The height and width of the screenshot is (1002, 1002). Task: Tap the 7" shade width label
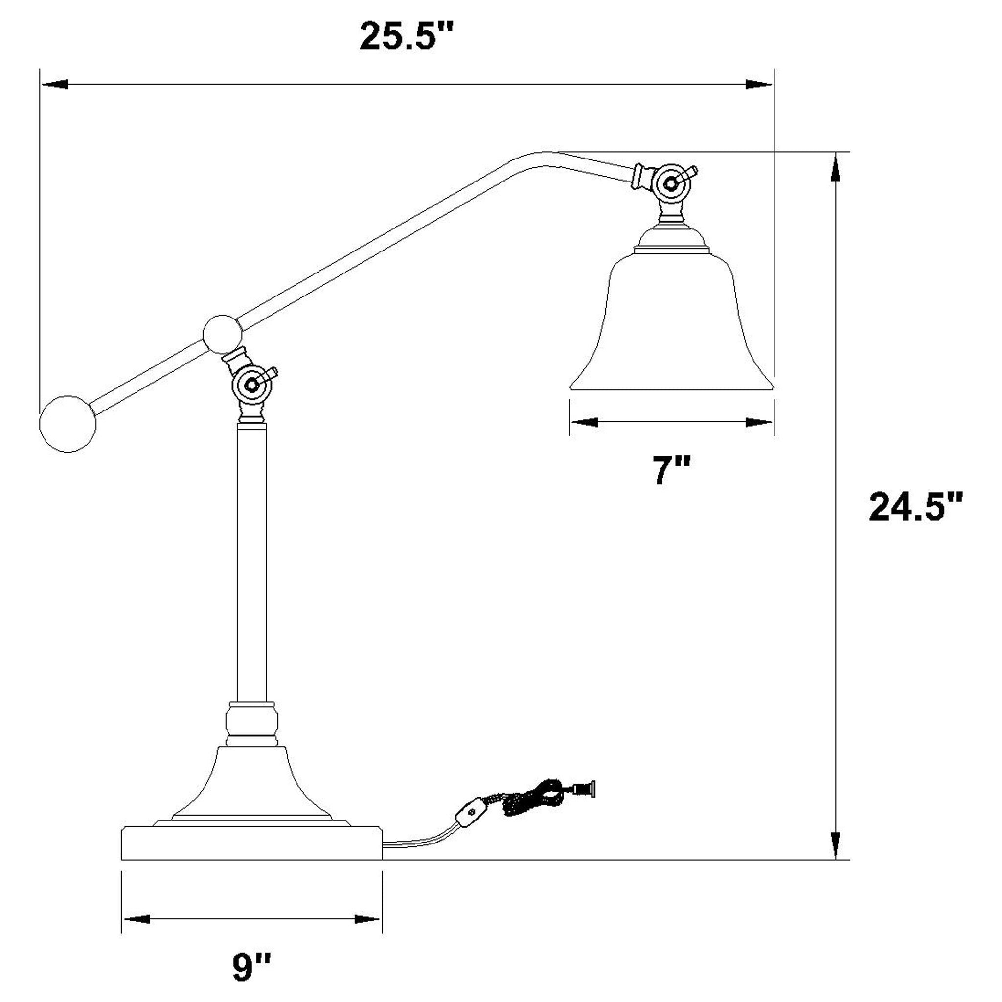pyautogui.click(x=671, y=471)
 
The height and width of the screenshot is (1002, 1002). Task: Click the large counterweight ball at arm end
pyautogui.click(x=68, y=424)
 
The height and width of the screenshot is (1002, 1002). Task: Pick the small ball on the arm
pyautogui.click(x=223, y=334)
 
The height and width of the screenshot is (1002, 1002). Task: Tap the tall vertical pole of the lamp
pyautogui.click(x=251, y=560)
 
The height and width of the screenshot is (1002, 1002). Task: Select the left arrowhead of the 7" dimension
pyautogui.click(x=584, y=422)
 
